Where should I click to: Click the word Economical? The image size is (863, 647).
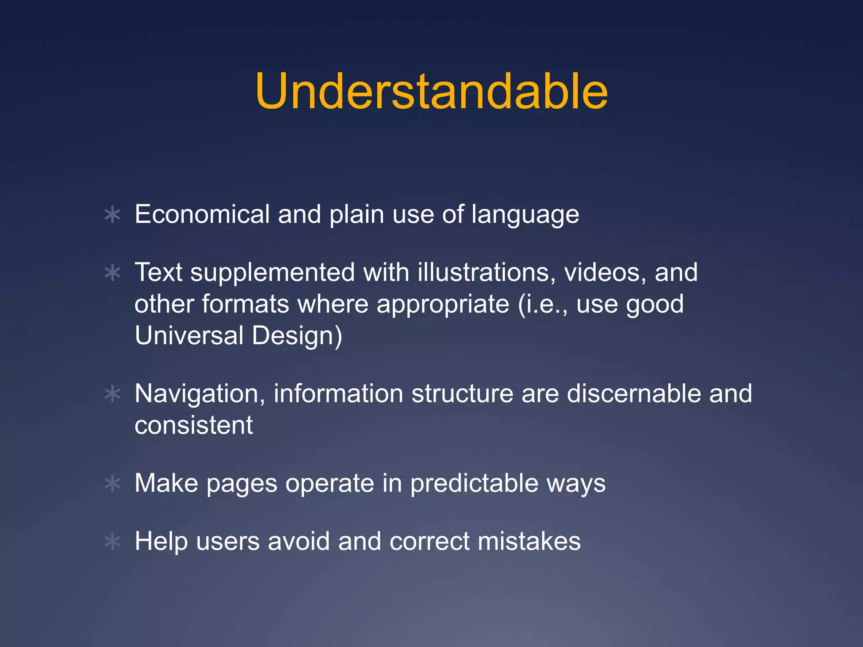[x=202, y=214]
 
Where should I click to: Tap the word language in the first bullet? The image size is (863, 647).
[x=525, y=215]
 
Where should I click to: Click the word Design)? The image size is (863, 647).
[x=297, y=336]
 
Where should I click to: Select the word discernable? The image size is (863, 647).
[x=633, y=393]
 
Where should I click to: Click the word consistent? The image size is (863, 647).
[x=193, y=425]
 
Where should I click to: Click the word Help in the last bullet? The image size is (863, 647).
[x=161, y=541]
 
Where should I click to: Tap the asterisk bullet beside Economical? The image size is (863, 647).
[x=113, y=215]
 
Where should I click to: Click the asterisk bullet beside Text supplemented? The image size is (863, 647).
[x=113, y=273]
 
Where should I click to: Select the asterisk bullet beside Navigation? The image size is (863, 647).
[x=113, y=394]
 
